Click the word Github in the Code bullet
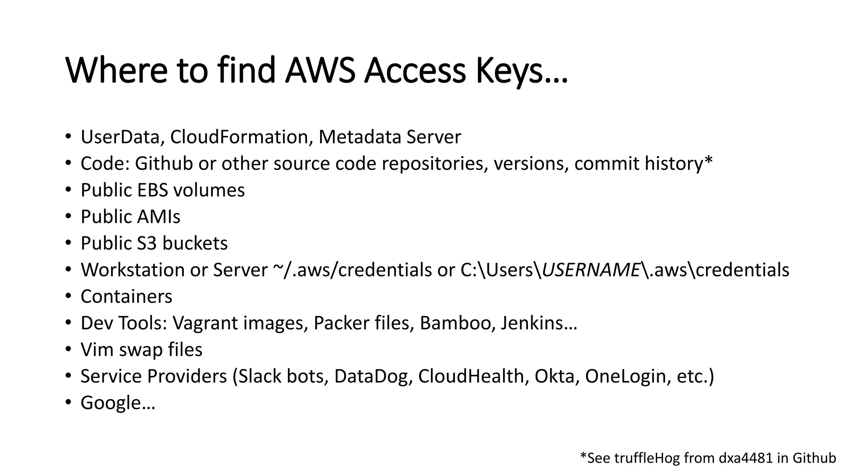164,164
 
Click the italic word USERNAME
591,270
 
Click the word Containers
126,297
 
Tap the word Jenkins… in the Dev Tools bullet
538,323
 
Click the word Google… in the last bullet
117,403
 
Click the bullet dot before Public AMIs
69,216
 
